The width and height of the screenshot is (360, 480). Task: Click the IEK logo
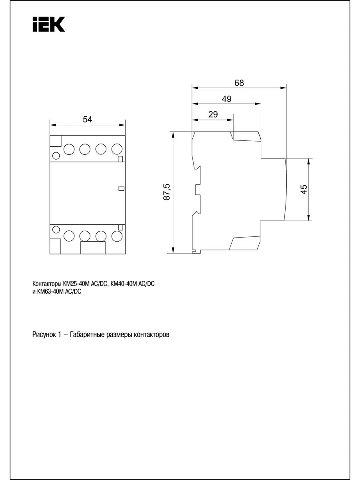(x=49, y=24)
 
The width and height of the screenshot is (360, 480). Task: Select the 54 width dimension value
(x=88, y=119)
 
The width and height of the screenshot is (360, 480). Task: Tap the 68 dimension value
(x=239, y=83)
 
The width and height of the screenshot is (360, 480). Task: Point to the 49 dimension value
(x=226, y=99)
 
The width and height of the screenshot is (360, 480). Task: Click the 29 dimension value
(x=213, y=114)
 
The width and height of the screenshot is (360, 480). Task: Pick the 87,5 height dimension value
(x=167, y=192)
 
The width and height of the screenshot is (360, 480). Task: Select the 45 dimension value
(x=304, y=189)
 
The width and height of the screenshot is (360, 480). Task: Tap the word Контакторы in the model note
(x=47, y=284)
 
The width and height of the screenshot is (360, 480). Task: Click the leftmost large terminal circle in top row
(x=69, y=149)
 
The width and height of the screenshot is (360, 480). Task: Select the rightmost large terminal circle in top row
(x=117, y=149)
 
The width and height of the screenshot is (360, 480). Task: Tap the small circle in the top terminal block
(x=56, y=156)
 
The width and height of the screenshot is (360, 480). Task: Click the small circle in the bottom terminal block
(x=56, y=230)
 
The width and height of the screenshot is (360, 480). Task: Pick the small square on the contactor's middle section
(x=121, y=188)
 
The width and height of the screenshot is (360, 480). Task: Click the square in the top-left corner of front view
(x=56, y=141)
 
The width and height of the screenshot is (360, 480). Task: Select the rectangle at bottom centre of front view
(x=93, y=248)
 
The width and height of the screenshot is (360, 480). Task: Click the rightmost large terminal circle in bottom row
(x=117, y=236)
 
